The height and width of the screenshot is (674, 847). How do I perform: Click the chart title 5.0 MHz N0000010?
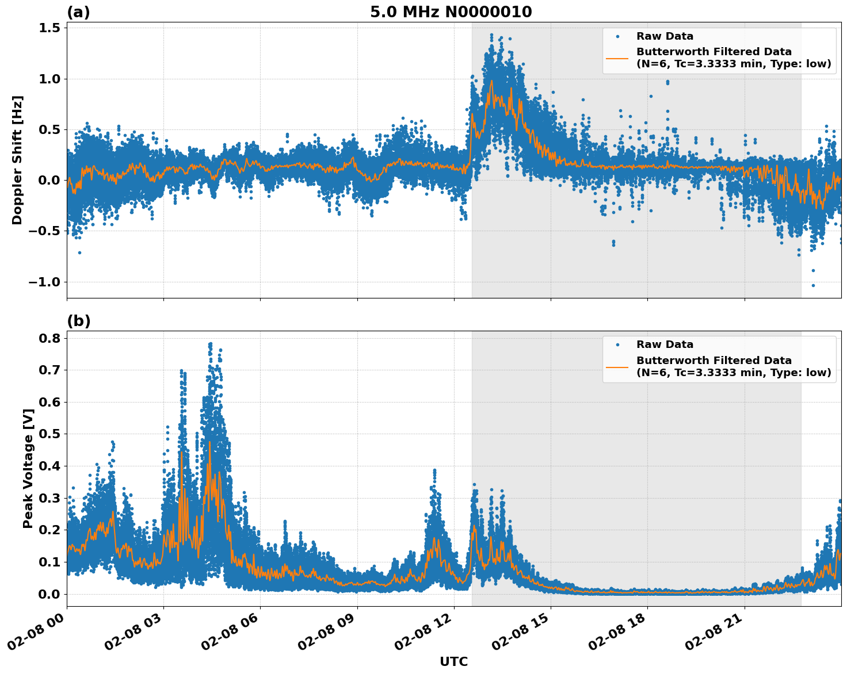coord(451,12)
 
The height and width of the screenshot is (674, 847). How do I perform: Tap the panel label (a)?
coord(78,12)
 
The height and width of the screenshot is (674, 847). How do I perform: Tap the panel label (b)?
coord(79,321)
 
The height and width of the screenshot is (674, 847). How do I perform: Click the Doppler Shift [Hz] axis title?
coord(17,160)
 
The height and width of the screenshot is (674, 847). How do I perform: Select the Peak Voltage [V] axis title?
coord(28,468)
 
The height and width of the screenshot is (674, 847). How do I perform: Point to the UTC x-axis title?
coord(453,661)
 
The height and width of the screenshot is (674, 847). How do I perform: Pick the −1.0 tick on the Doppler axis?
coord(45,282)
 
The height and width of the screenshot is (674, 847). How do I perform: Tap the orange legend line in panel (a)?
coord(617,58)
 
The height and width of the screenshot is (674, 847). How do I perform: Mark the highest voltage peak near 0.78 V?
coord(210,343)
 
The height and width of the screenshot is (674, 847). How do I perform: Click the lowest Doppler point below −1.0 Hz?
coord(813,285)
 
